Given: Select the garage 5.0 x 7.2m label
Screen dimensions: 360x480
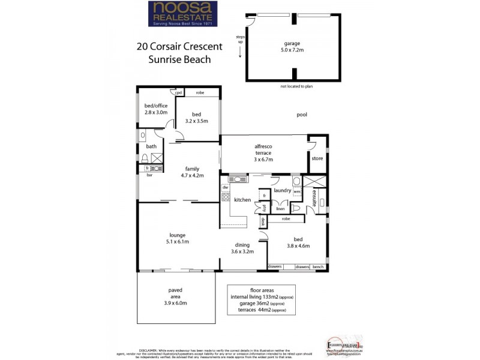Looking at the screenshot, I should (292, 47).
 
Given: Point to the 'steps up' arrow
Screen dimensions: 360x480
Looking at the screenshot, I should (240, 53).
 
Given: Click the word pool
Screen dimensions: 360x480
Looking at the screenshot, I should (302, 114).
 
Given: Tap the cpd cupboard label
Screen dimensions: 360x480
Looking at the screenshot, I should (178, 93).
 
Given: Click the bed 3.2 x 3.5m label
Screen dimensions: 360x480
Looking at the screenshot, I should (196, 117).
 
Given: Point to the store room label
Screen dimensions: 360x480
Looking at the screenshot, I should (317, 158).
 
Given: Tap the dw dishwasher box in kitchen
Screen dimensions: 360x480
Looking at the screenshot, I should (226, 187).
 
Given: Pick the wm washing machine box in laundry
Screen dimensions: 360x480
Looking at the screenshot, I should (296, 191).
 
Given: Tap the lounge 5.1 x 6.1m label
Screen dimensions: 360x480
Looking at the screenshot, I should (177, 238).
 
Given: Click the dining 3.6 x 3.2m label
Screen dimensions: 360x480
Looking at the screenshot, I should (242, 248).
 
